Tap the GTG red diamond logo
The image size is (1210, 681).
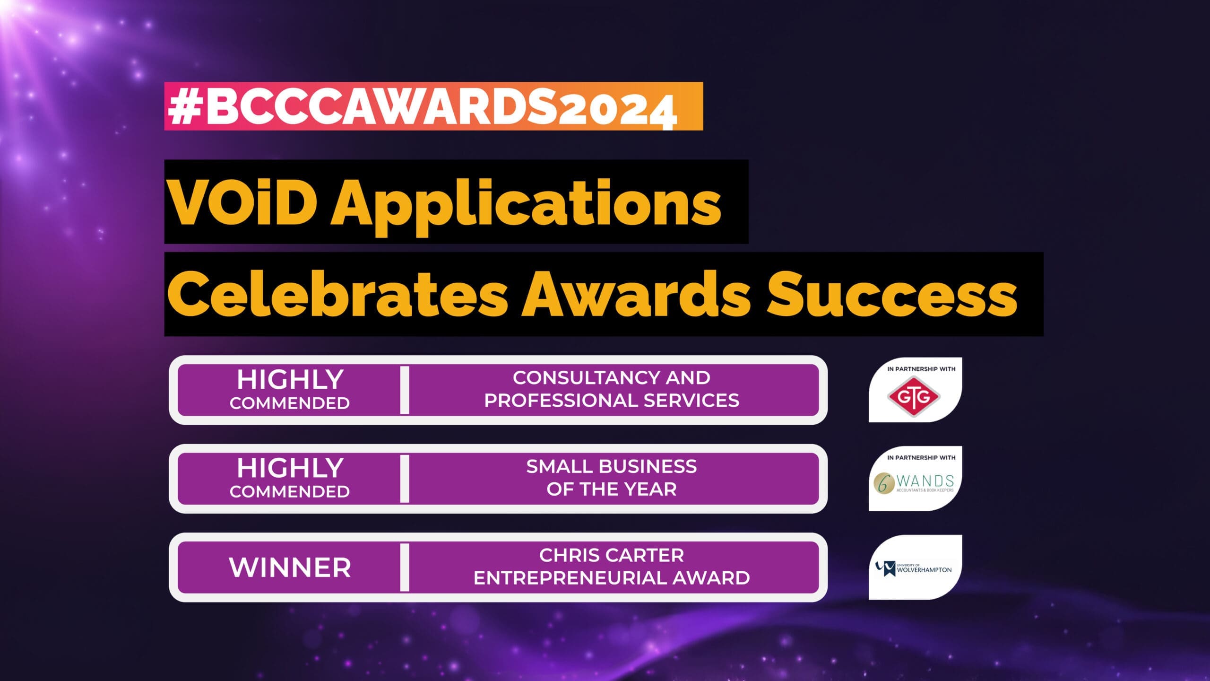click(x=914, y=397)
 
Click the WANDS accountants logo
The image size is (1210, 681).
click(x=914, y=483)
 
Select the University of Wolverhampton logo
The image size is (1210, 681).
click(x=914, y=568)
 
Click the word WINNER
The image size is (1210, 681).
click(x=290, y=567)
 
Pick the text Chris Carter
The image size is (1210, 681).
click(x=611, y=556)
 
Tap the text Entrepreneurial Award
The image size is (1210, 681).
click(x=611, y=578)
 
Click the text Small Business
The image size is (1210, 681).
click(x=611, y=467)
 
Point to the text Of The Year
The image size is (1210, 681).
click(x=611, y=489)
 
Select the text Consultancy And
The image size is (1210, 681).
click(x=611, y=378)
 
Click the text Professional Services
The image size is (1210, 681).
click(x=611, y=401)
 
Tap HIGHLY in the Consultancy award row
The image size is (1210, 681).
click(x=290, y=379)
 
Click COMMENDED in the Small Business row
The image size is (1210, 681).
click(x=290, y=492)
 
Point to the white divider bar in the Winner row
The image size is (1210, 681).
click(x=405, y=567)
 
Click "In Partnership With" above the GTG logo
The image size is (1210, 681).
click(x=921, y=369)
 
